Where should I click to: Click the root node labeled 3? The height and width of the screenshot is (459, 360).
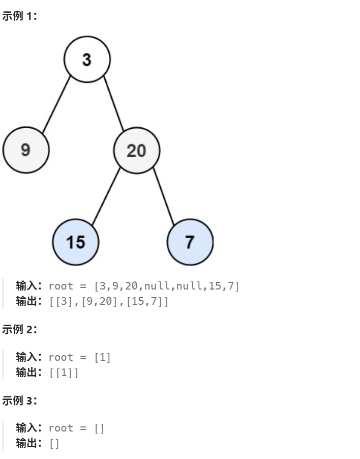[x=87, y=60]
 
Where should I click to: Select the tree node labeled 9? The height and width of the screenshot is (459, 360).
[x=26, y=150]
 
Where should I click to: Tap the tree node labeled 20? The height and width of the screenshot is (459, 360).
[x=136, y=150]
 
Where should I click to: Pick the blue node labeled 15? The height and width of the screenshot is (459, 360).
[x=76, y=242]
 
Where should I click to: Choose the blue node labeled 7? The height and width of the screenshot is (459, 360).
[x=190, y=242]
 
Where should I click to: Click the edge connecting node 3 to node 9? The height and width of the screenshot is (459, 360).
[x=56, y=105]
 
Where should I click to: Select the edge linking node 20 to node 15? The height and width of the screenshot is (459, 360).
[x=106, y=196]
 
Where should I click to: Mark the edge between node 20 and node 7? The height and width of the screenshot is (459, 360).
[x=164, y=196]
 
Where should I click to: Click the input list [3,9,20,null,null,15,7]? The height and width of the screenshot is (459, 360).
[x=167, y=286]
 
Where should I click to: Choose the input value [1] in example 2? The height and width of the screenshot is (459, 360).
[x=103, y=357]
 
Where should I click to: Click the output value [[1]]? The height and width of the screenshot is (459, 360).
[x=64, y=372]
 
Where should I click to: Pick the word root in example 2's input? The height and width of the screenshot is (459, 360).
[x=61, y=357]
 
